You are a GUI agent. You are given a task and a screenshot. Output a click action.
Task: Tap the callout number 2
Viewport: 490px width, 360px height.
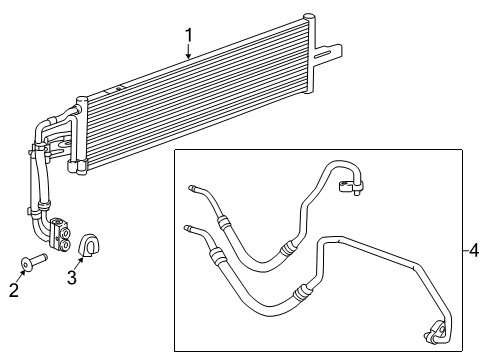[x=13, y=290]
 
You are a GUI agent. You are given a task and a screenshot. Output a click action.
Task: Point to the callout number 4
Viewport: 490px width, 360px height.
[x=476, y=250]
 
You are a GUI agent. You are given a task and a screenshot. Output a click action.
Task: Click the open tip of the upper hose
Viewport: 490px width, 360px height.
[x=191, y=186]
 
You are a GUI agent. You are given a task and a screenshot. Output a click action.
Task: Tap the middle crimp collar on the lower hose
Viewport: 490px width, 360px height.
[x=298, y=292]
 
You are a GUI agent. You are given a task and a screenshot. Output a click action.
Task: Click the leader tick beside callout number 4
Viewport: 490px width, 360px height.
[x=466, y=250]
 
